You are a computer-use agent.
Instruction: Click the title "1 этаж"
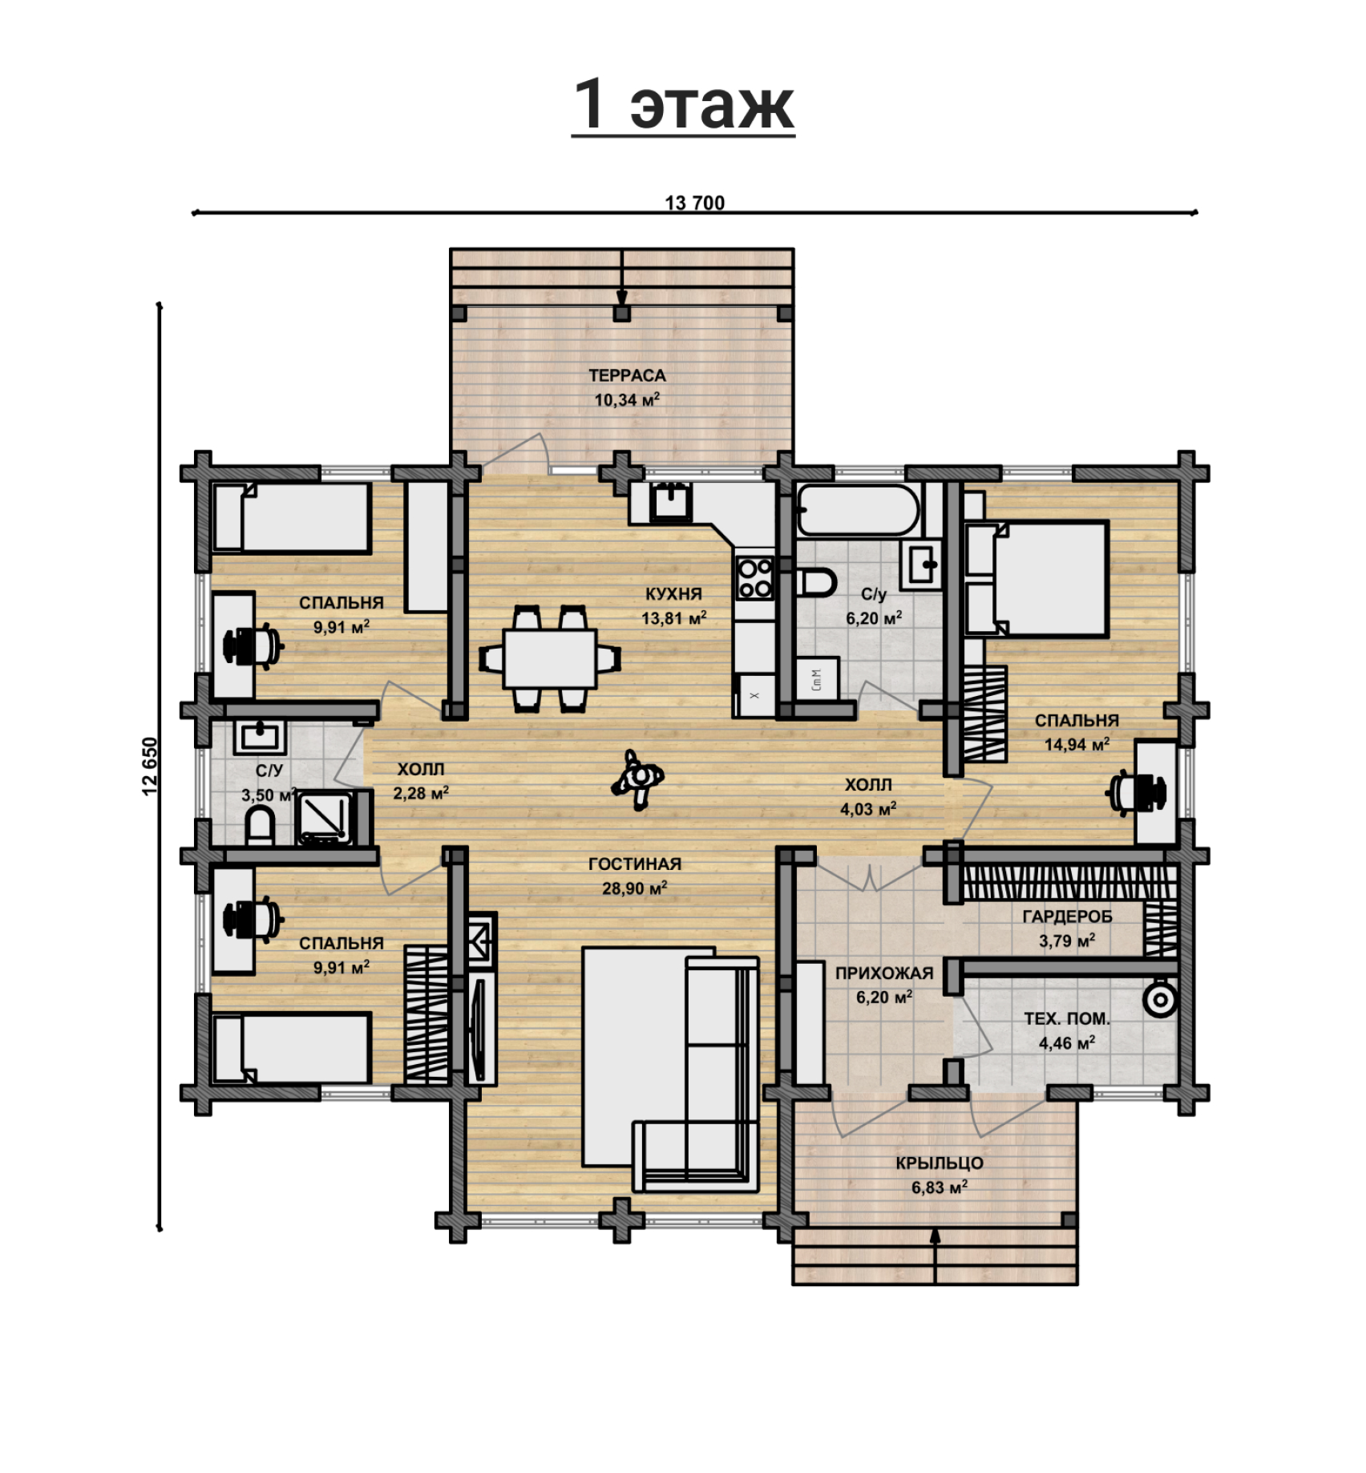coord(683,104)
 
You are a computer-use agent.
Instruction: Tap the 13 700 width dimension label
coord(694,203)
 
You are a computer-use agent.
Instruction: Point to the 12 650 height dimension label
coord(150,766)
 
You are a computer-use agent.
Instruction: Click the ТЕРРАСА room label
coord(627,375)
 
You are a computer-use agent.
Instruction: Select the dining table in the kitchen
coord(550,658)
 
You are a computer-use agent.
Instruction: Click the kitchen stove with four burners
coord(754,578)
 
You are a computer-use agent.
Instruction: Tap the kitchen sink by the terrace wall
coord(669,502)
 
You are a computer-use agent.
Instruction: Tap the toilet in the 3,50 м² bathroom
coord(260,826)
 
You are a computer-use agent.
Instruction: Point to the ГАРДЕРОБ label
coord(1067,917)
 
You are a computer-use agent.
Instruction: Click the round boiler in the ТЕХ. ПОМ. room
coord(1159,999)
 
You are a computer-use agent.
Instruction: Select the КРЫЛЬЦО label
coord(940,1163)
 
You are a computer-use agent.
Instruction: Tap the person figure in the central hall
coord(638,779)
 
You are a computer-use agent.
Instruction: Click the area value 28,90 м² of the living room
coord(635,888)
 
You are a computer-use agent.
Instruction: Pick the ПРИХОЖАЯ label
coord(884,973)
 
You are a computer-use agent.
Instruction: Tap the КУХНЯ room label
coord(673,594)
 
